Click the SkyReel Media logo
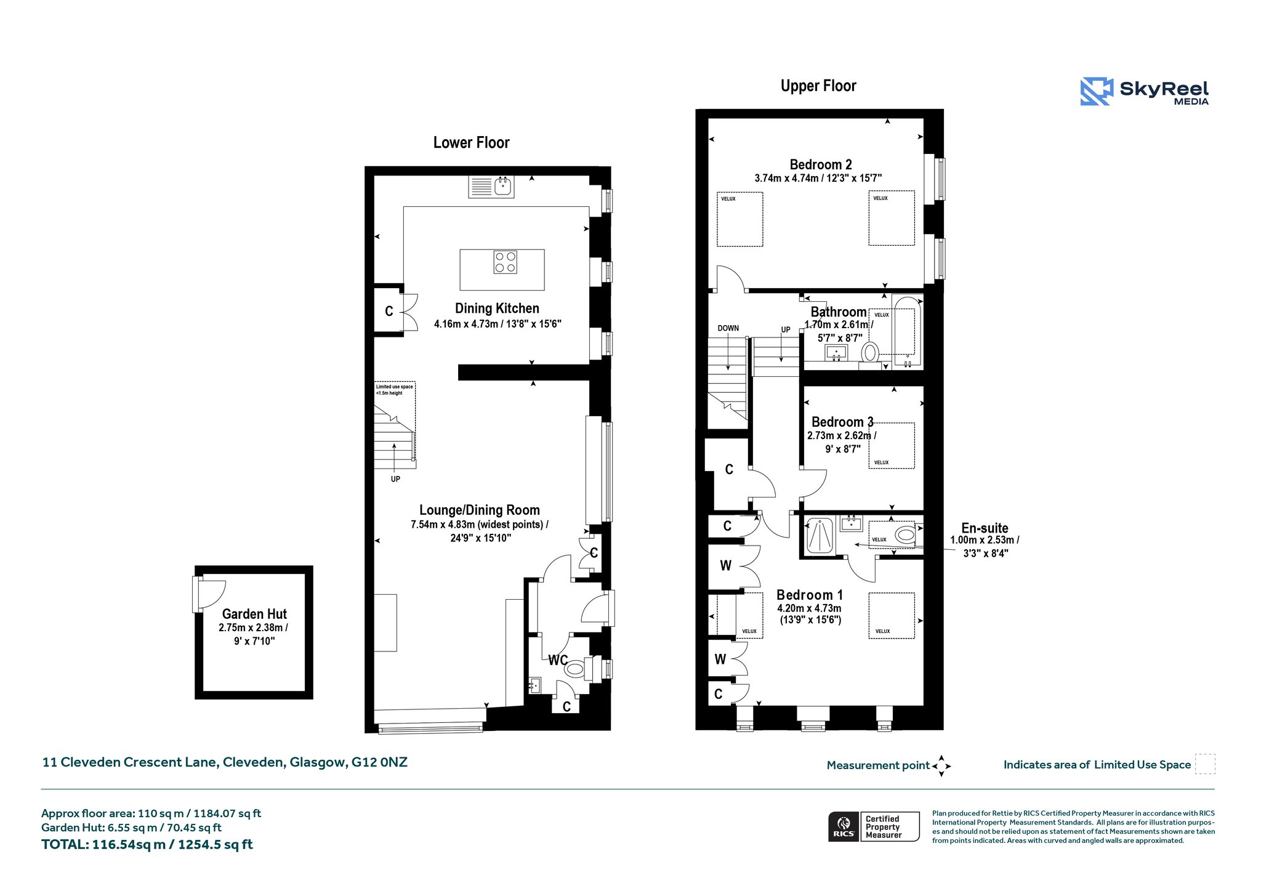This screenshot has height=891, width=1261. tap(1144, 91)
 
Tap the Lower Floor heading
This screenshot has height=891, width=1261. tap(472, 143)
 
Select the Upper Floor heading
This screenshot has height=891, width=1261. tap(818, 86)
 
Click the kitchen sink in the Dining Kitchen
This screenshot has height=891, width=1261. tap(491, 187)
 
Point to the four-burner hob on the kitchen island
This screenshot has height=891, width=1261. tap(506, 262)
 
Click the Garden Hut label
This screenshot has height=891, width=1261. tap(254, 614)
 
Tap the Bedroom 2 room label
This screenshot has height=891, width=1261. tap(821, 164)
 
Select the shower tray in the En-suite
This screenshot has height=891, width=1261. tap(820, 536)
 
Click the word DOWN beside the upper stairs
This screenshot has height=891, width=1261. tap(728, 328)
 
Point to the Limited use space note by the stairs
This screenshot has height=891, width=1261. tap(395, 390)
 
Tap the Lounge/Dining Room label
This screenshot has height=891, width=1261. tap(480, 510)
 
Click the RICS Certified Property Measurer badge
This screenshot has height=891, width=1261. tap(874, 826)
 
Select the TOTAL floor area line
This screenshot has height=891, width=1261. tap(147, 845)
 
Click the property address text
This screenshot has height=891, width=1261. tap(225, 762)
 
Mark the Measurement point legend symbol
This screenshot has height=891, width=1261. tap(941, 765)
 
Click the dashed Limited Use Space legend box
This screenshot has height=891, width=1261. tap(1205, 764)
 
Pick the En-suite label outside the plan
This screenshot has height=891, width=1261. tap(985, 528)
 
